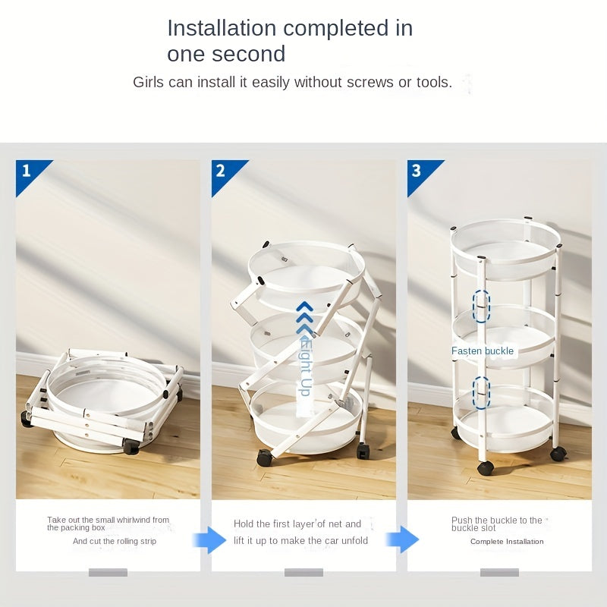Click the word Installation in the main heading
[222, 28]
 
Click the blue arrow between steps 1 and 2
[209, 539]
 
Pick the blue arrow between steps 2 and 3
[402, 539]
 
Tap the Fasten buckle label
[483, 351]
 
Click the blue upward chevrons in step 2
[305, 317]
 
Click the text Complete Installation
[507, 542]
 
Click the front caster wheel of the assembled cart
[486, 468]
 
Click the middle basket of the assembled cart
[505, 336]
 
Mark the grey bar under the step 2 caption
[304, 572]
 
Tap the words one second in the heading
[226, 54]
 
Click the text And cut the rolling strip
[115, 541]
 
